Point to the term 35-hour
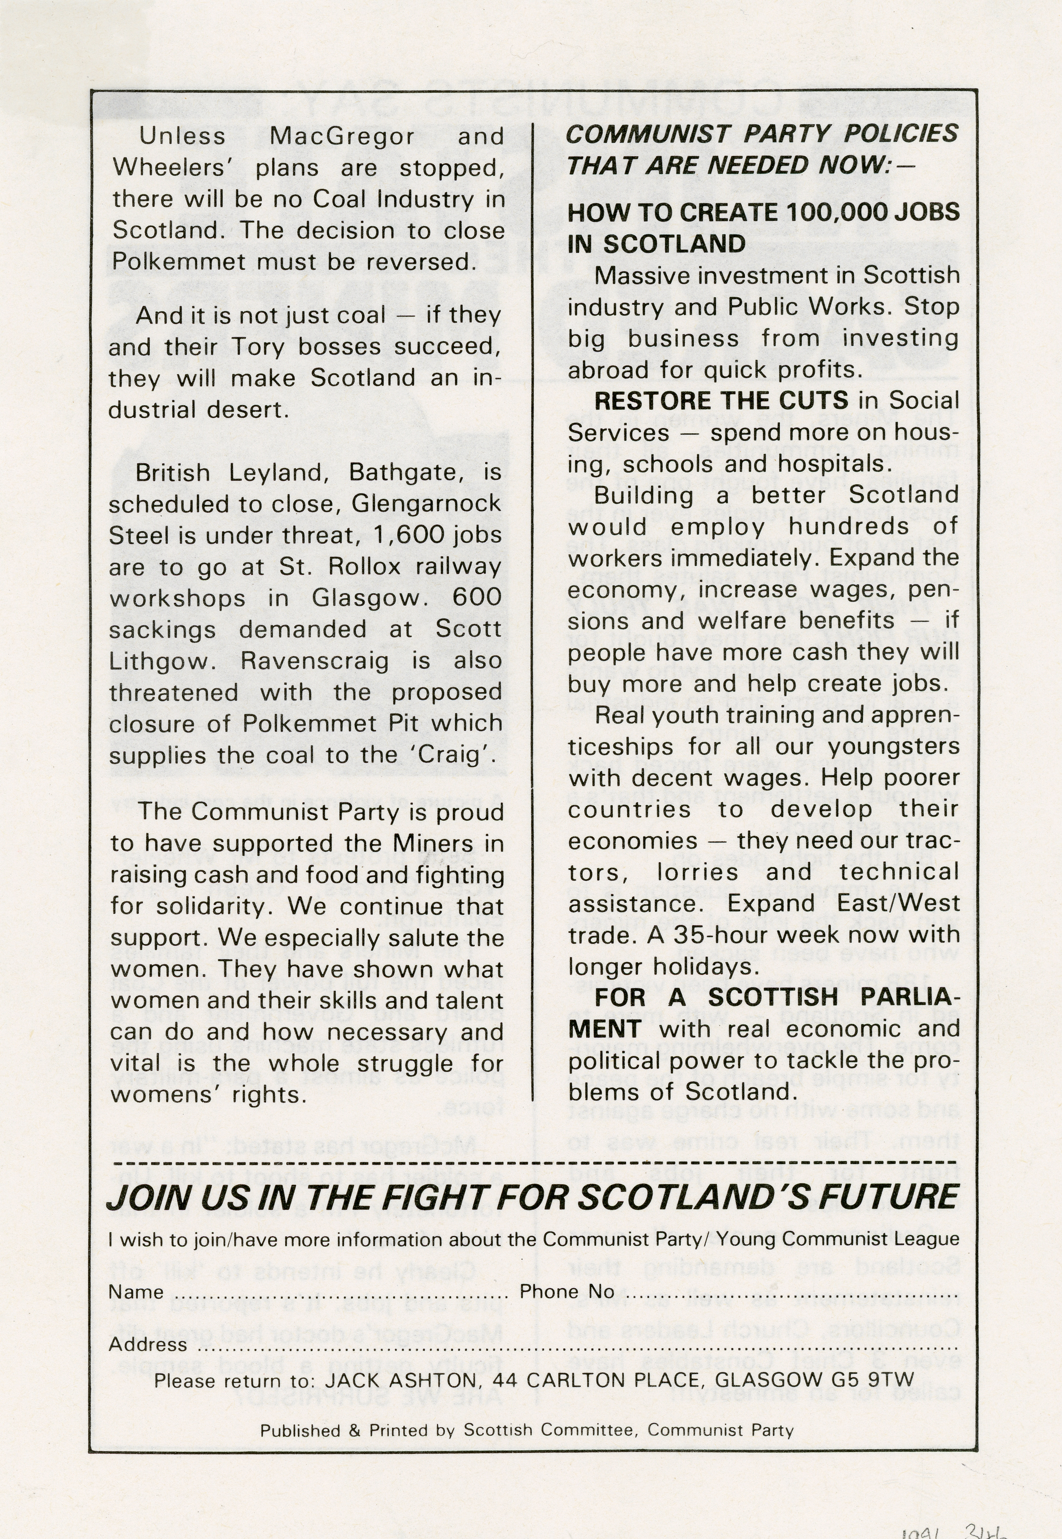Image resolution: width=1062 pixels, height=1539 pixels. (x=721, y=935)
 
